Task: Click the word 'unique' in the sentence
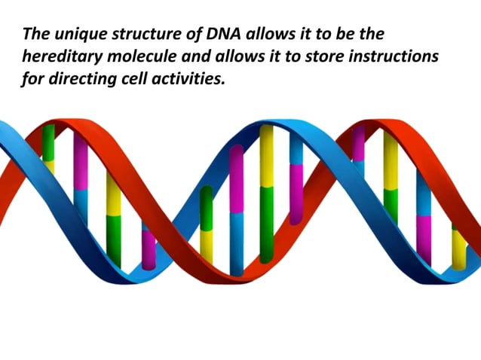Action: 78,35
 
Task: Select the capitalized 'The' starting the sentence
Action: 36,35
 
